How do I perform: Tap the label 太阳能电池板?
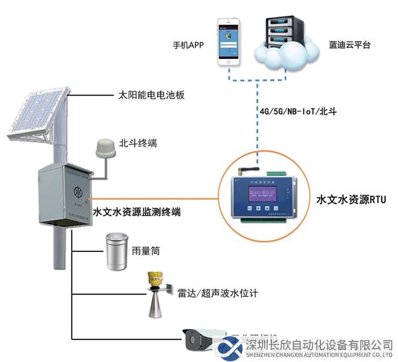(147, 95)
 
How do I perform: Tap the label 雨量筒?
(146, 252)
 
